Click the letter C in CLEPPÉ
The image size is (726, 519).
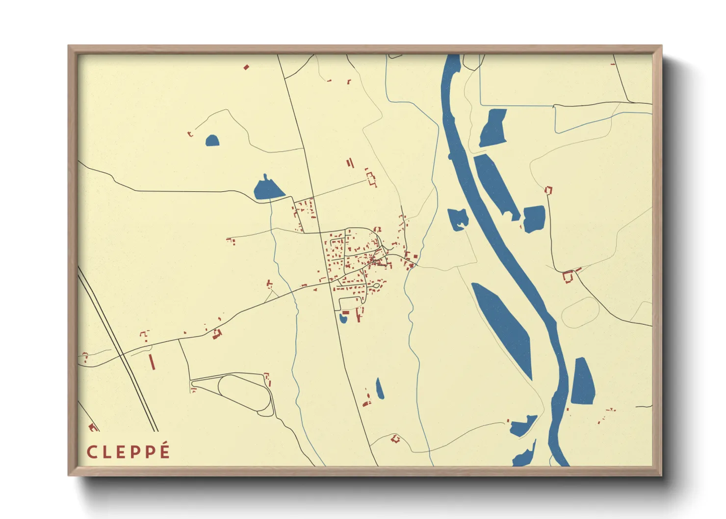91,452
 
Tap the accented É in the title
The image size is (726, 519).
165,451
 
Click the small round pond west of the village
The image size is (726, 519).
212,141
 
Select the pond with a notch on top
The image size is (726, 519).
268,189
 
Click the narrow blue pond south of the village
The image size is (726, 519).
380,389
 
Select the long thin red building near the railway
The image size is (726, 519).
152,361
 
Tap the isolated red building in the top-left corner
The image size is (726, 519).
246,67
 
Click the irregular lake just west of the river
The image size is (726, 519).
458,218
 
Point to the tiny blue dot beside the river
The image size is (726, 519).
450,156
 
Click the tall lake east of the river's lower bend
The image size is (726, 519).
582,382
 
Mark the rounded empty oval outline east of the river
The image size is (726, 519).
580,312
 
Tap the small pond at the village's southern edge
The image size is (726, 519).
343,319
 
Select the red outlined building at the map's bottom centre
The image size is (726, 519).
395,439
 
